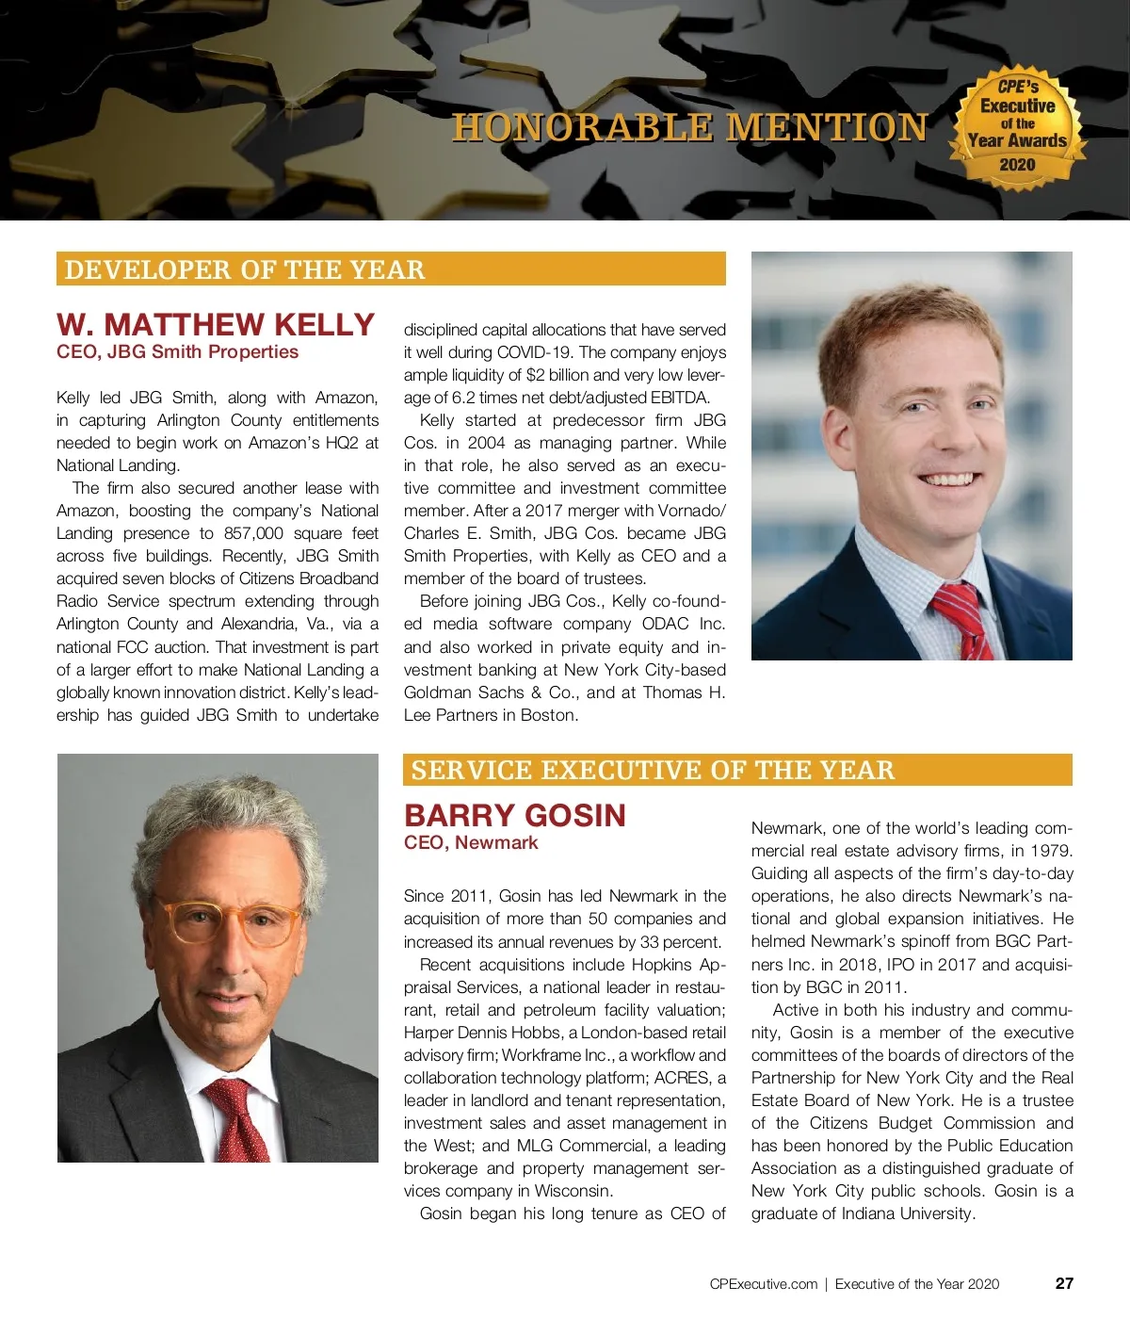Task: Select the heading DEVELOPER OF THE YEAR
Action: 245,269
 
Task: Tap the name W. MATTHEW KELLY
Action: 216,324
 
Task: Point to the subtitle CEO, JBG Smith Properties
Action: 177,352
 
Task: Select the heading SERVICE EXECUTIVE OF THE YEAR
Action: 653,770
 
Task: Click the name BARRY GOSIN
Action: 514,815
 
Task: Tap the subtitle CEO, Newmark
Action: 471,842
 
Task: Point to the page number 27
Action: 1064,1283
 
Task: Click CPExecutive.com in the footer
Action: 763,1283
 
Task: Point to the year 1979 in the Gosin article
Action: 1052,851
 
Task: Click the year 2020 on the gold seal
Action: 1017,165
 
